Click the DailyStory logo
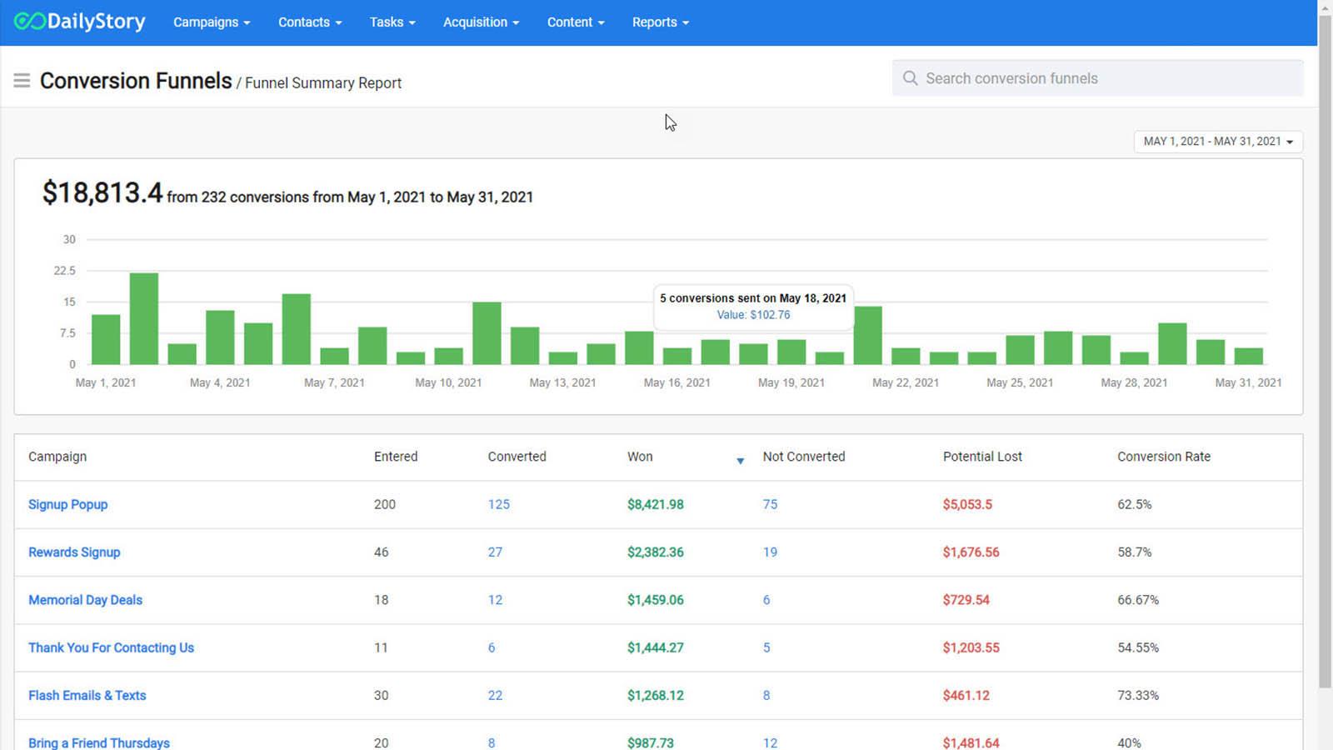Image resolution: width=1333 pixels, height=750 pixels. point(80,22)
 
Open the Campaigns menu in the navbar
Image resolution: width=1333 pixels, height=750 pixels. point(211,22)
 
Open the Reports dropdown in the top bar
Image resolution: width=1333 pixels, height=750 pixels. point(660,22)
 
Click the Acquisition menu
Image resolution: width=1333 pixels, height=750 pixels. point(481,22)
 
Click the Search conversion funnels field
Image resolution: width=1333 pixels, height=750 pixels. point(1097,78)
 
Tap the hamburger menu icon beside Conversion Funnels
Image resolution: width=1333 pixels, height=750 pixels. point(22,81)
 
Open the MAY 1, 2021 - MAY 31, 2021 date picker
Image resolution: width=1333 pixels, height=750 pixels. point(1217,142)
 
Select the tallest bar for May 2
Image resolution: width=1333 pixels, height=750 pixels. point(144,318)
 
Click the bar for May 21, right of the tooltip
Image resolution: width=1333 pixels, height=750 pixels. point(867,335)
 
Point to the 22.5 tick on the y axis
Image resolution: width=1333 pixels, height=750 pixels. point(64,271)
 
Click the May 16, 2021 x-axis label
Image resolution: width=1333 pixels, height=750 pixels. point(676,382)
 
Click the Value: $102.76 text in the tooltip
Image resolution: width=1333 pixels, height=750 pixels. point(753,315)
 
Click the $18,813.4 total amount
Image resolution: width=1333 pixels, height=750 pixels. point(102,193)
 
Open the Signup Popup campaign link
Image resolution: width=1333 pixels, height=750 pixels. point(67,504)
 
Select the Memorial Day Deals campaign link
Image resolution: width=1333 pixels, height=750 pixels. point(85,600)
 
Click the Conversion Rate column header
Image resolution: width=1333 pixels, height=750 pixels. point(1163,457)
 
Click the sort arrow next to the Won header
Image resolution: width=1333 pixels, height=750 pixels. point(740,461)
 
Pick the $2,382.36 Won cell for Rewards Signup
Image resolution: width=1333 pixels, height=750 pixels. point(655,552)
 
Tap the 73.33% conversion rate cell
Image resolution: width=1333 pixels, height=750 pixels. point(1137,695)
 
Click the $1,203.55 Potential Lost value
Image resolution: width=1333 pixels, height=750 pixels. point(971,647)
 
